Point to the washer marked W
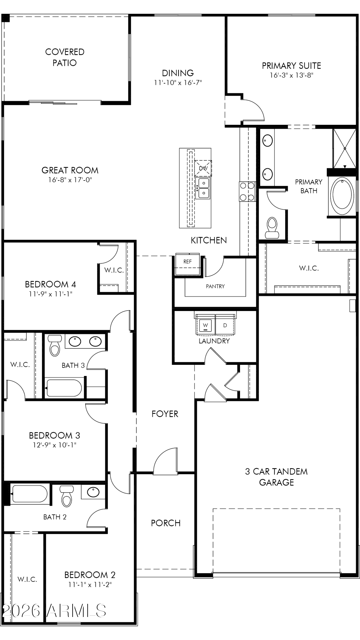click(205, 325)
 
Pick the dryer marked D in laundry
click(225, 325)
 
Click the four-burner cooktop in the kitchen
click(247, 191)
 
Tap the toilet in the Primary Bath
click(272, 228)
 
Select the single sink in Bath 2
click(93, 492)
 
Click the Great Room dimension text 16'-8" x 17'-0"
click(70, 180)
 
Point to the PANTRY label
click(215, 286)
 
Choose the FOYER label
click(165, 414)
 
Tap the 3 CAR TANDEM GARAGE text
click(276, 477)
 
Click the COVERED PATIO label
click(65, 57)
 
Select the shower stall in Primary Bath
click(344, 148)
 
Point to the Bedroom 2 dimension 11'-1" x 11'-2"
click(90, 585)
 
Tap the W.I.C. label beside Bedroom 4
click(114, 270)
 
